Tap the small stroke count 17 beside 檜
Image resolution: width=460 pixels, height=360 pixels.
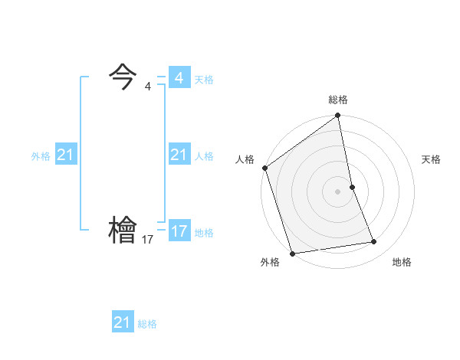148,240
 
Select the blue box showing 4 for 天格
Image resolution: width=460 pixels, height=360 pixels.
179,78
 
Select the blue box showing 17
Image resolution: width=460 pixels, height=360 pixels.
179,231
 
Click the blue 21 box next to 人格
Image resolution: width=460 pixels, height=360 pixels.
179,155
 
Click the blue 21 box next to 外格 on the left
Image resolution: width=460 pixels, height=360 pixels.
66,155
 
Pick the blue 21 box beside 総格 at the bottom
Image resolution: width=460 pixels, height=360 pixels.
123,322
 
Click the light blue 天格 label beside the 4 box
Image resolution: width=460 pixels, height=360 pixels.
204,79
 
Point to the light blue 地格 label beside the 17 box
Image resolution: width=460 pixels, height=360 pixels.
204,232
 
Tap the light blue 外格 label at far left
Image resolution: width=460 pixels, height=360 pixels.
41,156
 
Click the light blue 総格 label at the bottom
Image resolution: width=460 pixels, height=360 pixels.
147,324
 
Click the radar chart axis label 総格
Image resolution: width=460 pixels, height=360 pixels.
338,100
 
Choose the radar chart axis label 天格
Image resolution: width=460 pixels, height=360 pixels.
432,159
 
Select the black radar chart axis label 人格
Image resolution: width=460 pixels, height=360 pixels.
245,159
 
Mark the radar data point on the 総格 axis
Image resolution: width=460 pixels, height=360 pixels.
338,116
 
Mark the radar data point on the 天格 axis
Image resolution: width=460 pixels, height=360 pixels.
352,187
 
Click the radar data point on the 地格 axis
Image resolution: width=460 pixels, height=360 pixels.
374,242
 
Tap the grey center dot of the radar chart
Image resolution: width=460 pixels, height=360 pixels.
338,191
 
